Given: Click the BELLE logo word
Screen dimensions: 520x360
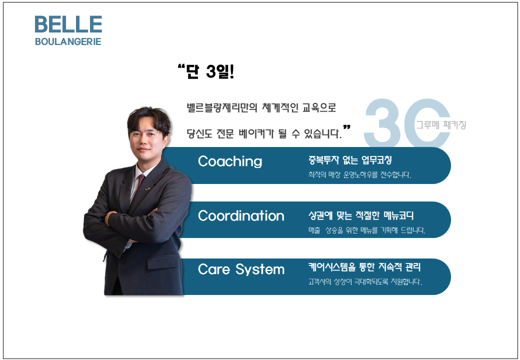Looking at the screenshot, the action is [68, 24].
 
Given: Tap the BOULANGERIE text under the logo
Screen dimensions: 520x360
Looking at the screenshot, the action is [68, 42].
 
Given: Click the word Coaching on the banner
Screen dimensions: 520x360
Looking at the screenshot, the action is [230, 161].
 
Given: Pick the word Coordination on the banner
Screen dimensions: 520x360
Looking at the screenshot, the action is [241, 216].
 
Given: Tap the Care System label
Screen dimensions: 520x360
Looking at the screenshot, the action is [241, 269].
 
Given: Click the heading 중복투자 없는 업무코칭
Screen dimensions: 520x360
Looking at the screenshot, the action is [350, 160].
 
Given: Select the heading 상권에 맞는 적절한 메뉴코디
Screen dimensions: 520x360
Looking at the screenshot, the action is [361, 215].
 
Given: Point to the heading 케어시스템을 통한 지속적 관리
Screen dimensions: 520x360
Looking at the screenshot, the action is [364, 267].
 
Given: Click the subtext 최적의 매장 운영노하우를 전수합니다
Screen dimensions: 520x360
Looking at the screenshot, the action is [359, 174].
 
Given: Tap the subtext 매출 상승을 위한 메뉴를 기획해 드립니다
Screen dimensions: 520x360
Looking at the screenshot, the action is [366, 230].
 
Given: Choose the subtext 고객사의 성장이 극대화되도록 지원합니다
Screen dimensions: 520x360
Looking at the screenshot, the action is [365, 282].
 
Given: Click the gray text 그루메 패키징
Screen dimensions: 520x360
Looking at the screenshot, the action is [441, 125].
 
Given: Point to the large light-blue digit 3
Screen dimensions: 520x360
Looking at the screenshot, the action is [383, 123].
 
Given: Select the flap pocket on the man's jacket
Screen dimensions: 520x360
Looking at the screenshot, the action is [162, 262].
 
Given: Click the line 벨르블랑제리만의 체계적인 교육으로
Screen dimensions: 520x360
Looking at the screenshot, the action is [261, 107].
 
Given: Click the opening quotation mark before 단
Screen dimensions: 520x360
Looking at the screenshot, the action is [181, 67].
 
